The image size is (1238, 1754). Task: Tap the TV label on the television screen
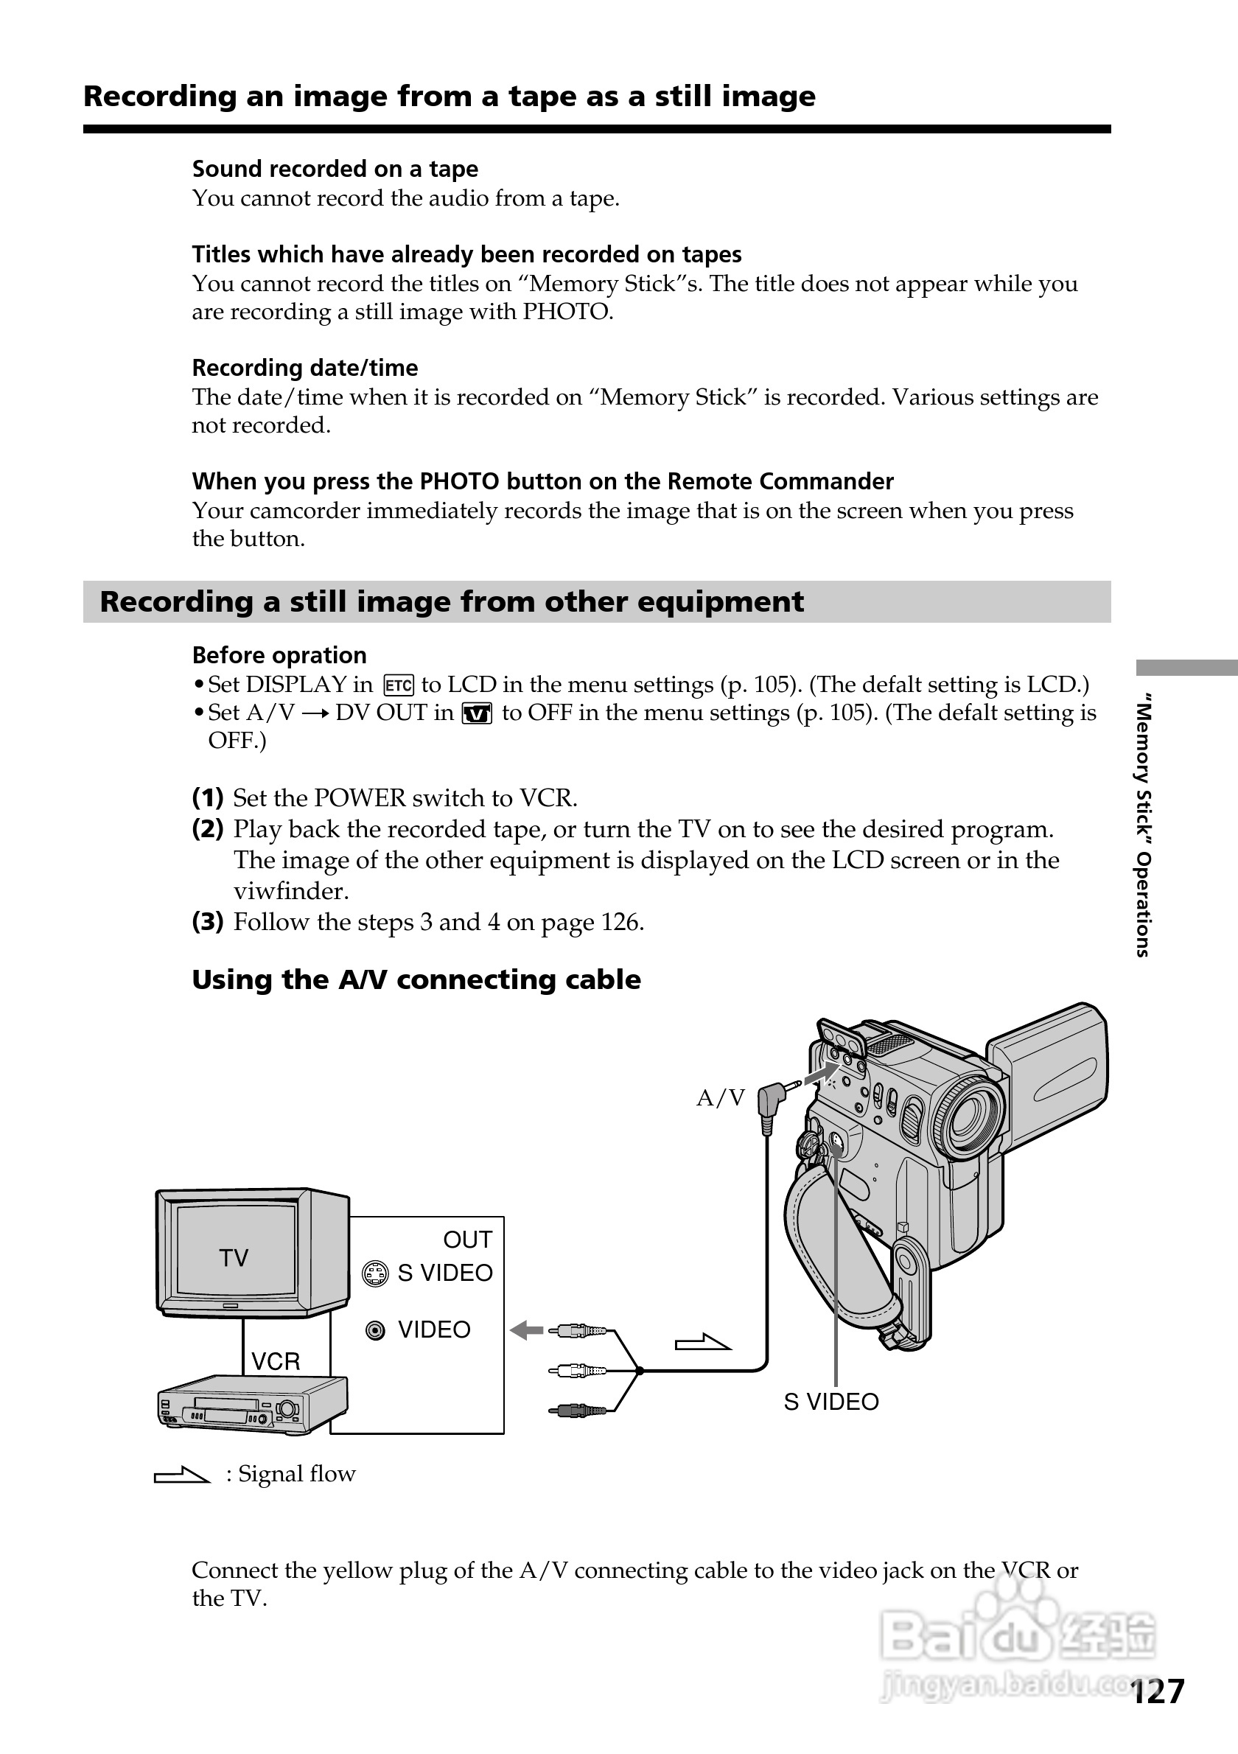[234, 1258]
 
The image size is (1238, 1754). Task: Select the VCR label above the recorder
[276, 1361]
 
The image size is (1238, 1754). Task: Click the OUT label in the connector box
[467, 1239]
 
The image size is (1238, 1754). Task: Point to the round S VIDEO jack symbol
[375, 1273]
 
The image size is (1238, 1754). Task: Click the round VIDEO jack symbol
[375, 1331]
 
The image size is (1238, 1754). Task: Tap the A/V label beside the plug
[720, 1098]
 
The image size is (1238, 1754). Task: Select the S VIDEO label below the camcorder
[831, 1402]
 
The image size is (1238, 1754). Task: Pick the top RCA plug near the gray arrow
[581, 1332]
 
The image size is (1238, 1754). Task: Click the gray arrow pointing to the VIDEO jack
[526, 1331]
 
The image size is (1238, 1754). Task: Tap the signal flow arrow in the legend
[182, 1475]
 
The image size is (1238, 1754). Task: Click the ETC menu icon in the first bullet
[399, 685]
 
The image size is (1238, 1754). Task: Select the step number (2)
[208, 829]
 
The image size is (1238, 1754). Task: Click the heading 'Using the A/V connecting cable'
[416, 980]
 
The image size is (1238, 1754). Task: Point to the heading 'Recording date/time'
[305, 368]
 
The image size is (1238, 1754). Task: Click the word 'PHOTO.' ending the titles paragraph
[567, 312]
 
